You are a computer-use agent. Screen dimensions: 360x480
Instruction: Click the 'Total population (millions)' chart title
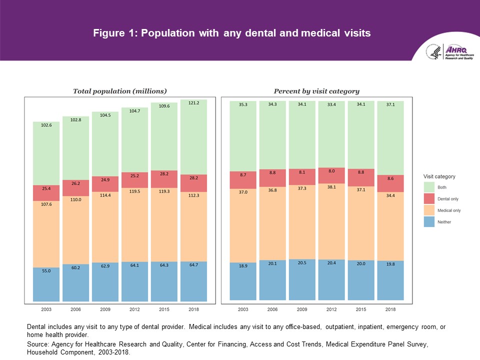[x=119, y=91]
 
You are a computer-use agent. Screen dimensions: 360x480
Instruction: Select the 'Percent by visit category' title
[x=316, y=91]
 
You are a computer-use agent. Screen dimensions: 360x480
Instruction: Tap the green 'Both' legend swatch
[x=428, y=187]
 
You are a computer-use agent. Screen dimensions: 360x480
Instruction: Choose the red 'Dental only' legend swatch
[x=428, y=198]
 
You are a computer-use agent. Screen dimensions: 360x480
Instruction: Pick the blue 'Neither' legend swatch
[x=428, y=222]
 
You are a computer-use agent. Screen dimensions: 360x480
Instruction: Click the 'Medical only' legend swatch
[x=428, y=210]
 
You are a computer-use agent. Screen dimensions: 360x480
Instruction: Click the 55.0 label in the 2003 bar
[x=46, y=270]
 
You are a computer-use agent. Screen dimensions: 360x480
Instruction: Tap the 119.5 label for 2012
[x=134, y=176]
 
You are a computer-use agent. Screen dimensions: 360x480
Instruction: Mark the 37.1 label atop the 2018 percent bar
[x=390, y=104]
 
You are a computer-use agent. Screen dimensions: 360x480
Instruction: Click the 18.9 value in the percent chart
[x=243, y=265]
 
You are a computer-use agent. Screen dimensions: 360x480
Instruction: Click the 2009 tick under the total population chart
[x=105, y=309]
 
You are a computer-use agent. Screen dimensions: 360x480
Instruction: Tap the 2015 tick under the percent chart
[x=361, y=309]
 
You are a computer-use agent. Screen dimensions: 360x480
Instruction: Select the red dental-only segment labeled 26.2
[x=75, y=183]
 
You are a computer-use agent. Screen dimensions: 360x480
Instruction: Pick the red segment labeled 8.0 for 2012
[x=331, y=171]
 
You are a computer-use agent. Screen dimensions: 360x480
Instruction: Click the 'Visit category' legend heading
[x=439, y=176]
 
